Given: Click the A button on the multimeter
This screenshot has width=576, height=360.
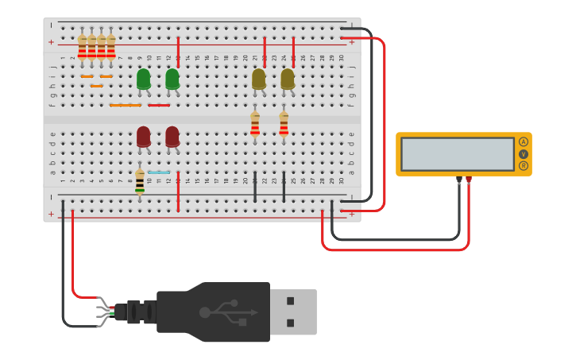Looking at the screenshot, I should [523, 142].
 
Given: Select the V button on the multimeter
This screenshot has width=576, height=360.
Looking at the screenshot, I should [523, 154].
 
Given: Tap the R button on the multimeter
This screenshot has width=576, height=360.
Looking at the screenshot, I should [523, 165].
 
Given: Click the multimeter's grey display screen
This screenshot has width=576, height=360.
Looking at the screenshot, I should [458, 154].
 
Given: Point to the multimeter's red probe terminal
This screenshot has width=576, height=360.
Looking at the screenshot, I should [469, 180].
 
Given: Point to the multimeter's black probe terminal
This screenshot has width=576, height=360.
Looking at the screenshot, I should [459, 180].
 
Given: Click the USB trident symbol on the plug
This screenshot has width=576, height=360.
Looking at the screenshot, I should [230, 312].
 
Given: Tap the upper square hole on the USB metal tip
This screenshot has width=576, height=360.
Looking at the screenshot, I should [291, 301].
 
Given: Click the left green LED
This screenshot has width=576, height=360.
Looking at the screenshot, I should [143, 79].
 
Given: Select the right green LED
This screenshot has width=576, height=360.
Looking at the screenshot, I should [172, 79].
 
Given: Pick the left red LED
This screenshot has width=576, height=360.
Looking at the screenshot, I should [143, 137].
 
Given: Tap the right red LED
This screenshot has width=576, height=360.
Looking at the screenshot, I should [172, 137].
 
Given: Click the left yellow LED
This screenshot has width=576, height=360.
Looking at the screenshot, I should [258, 79].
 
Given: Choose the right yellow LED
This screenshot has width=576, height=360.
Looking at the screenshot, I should [288, 79].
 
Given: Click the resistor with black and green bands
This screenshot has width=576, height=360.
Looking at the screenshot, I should [140, 182].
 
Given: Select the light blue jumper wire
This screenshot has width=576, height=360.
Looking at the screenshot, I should [159, 172].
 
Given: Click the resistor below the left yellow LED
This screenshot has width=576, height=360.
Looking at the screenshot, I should [255, 123].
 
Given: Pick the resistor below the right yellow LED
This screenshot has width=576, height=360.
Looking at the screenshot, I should [284, 123].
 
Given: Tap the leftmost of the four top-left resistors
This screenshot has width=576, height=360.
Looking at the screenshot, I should [82, 47].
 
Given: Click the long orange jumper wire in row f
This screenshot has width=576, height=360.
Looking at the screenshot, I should [125, 105].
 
